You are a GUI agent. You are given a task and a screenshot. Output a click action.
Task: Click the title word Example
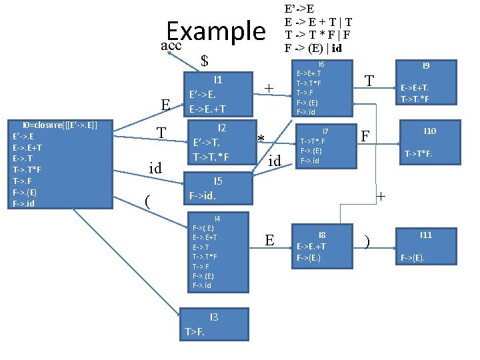215,31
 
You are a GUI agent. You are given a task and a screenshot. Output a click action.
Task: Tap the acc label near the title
171,45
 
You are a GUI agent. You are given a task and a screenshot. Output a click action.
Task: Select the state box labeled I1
217,93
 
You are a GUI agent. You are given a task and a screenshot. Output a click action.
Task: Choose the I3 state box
215,323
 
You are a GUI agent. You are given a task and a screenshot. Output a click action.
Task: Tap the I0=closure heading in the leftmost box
60,125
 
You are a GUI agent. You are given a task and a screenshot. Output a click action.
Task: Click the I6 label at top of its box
320,65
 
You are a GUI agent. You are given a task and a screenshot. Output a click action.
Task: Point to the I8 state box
321,246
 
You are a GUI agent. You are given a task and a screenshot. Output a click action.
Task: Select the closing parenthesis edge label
367,240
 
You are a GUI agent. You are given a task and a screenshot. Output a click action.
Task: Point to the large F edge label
365,136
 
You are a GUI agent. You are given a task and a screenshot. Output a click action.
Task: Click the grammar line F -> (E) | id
313,48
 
